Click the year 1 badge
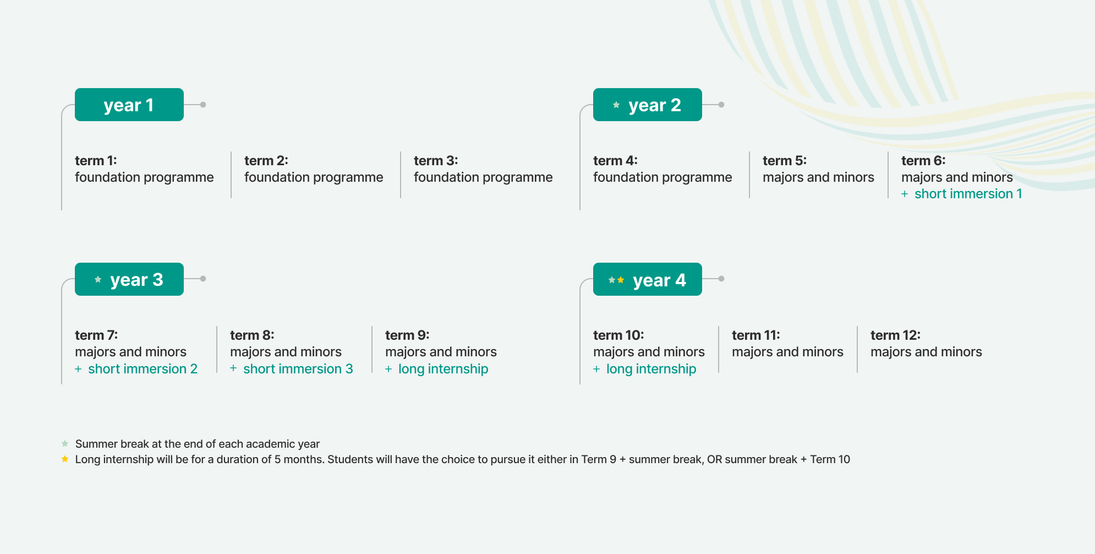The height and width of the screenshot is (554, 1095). pyautogui.click(x=129, y=105)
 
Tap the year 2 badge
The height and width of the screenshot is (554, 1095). pyautogui.click(x=648, y=105)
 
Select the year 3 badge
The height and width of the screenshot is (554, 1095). pyautogui.click(x=129, y=279)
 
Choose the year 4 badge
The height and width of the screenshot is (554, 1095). pyautogui.click(x=648, y=279)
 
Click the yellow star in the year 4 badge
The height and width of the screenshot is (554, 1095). pyautogui.click(x=621, y=280)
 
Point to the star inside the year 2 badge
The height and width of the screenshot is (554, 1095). pyautogui.click(x=616, y=105)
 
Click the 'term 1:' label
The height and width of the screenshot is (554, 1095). pyautogui.click(x=96, y=161)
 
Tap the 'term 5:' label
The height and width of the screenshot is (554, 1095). pyautogui.click(x=785, y=161)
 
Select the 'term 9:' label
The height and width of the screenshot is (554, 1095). pyautogui.click(x=407, y=335)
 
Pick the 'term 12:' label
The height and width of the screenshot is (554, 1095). pyautogui.click(x=895, y=335)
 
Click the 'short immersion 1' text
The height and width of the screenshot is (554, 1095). pyautogui.click(x=968, y=194)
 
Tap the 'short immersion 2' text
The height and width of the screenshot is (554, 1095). pyautogui.click(x=143, y=369)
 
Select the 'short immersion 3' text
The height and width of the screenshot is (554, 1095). pyautogui.click(x=298, y=369)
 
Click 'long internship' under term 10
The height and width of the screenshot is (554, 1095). pyautogui.click(x=651, y=369)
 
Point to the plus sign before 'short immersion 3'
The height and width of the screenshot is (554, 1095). pyautogui.click(x=233, y=368)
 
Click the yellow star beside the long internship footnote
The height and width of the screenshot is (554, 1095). pyautogui.click(x=65, y=459)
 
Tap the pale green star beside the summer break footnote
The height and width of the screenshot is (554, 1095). pyautogui.click(x=65, y=443)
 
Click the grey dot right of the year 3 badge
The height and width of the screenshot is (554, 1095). pyautogui.click(x=203, y=279)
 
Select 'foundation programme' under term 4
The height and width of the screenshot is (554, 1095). pyautogui.click(x=663, y=177)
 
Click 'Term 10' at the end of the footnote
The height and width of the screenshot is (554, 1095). pyautogui.click(x=830, y=459)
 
